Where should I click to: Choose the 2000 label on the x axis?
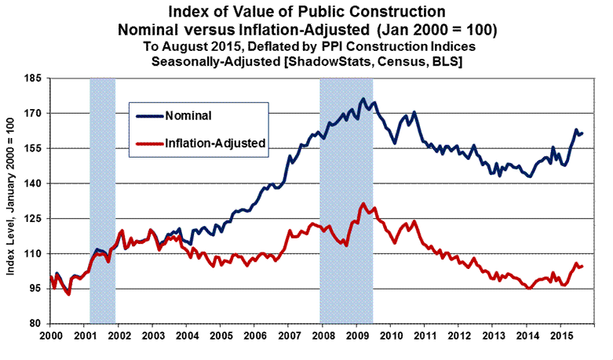point(49,336)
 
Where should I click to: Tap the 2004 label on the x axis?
point(186,336)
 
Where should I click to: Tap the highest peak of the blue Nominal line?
point(363,99)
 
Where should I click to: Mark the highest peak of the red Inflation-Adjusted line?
point(363,204)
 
